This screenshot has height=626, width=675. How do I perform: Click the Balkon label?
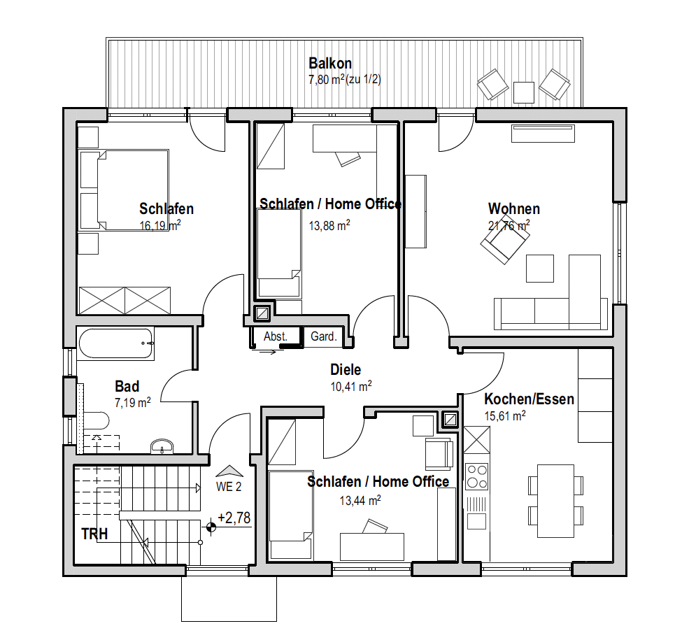click(330, 64)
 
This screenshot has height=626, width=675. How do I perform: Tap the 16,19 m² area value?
click(160, 225)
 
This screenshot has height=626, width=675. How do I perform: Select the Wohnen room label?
click(514, 209)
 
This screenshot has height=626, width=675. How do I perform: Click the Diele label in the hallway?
click(346, 369)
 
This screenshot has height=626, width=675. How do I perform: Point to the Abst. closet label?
click(276, 336)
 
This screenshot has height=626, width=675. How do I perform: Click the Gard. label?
click(324, 336)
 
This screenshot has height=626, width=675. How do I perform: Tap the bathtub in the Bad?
click(115, 343)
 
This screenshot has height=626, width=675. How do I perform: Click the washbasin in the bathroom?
click(162, 446)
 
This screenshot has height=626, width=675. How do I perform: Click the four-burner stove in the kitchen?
click(477, 476)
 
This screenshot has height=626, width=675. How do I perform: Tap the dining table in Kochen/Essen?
click(556, 501)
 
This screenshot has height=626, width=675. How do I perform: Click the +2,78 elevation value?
click(234, 518)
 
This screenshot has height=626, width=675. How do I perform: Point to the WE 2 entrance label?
click(229, 487)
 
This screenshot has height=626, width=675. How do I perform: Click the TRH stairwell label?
click(94, 534)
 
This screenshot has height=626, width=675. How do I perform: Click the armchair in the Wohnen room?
click(505, 243)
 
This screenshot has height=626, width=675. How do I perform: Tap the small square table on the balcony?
click(524, 92)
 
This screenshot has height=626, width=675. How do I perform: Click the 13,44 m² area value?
click(360, 500)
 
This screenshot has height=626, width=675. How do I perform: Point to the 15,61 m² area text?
click(505, 416)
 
